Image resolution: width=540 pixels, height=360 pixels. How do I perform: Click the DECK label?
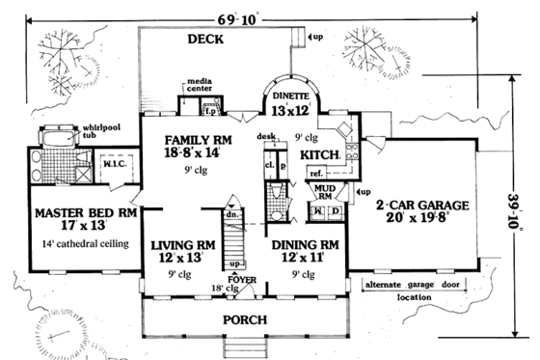tap(206, 40)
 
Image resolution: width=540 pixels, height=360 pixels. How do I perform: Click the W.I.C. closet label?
tap(116, 164)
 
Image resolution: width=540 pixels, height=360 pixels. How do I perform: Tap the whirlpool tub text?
tap(75, 132)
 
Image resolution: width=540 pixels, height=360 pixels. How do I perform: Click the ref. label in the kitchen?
tap(315, 173)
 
